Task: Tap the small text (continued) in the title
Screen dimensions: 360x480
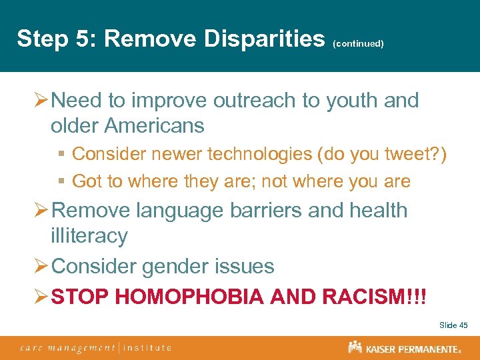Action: (x=358, y=43)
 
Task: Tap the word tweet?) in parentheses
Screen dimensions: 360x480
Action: (x=418, y=154)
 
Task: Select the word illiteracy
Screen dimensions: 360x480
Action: (x=89, y=235)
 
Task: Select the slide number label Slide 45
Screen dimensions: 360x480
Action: (x=453, y=325)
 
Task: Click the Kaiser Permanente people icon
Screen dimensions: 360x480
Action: (x=355, y=347)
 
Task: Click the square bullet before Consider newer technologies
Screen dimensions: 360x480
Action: (x=61, y=155)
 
